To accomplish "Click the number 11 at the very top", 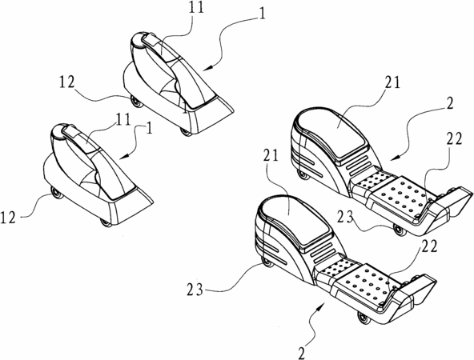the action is (x=196, y=7).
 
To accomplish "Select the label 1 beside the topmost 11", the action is (x=263, y=14).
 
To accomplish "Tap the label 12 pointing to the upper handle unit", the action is (x=66, y=82).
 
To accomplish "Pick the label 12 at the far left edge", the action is (x=8, y=218).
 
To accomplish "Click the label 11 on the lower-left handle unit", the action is (x=123, y=119).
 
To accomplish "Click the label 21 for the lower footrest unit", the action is (x=271, y=155).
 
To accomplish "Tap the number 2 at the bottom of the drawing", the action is (x=301, y=353).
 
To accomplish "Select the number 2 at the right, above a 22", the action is (x=450, y=103).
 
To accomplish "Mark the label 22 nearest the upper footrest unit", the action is (x=454, y=139).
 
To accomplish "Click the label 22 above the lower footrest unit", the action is (x=429, y=246).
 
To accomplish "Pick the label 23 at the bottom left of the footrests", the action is (x=195, y=290).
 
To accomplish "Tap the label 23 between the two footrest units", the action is (x=346, y=217).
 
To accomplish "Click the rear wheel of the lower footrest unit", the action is (x=267, y=262).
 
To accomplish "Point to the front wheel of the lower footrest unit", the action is (x=364, y=318).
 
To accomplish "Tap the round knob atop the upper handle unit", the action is (x=139, y=39).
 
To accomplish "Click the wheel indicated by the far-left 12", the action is (x=57, y=193).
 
